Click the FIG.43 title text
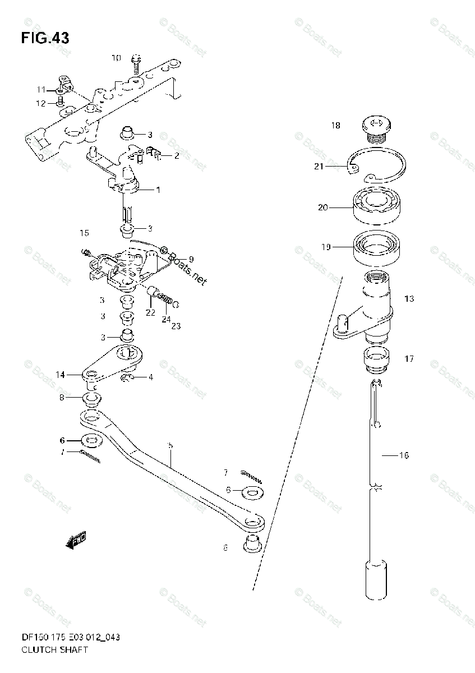45,38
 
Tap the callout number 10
116,58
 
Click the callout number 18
335,126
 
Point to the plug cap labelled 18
374,130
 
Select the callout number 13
409,299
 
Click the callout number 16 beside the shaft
403,455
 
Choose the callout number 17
409,358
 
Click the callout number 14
60,375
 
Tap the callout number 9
191,259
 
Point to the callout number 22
150,312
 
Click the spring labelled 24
164,298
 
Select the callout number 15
84,233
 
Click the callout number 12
41,103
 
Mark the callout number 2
177,156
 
